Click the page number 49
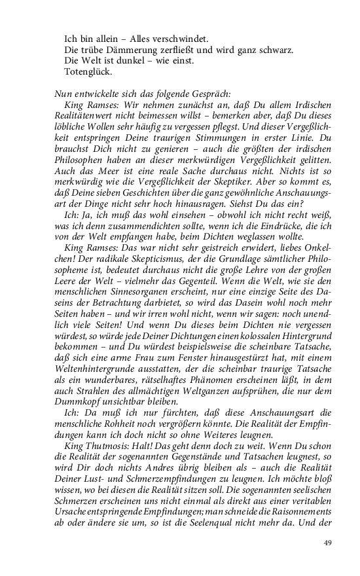[x=329, y=543]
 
